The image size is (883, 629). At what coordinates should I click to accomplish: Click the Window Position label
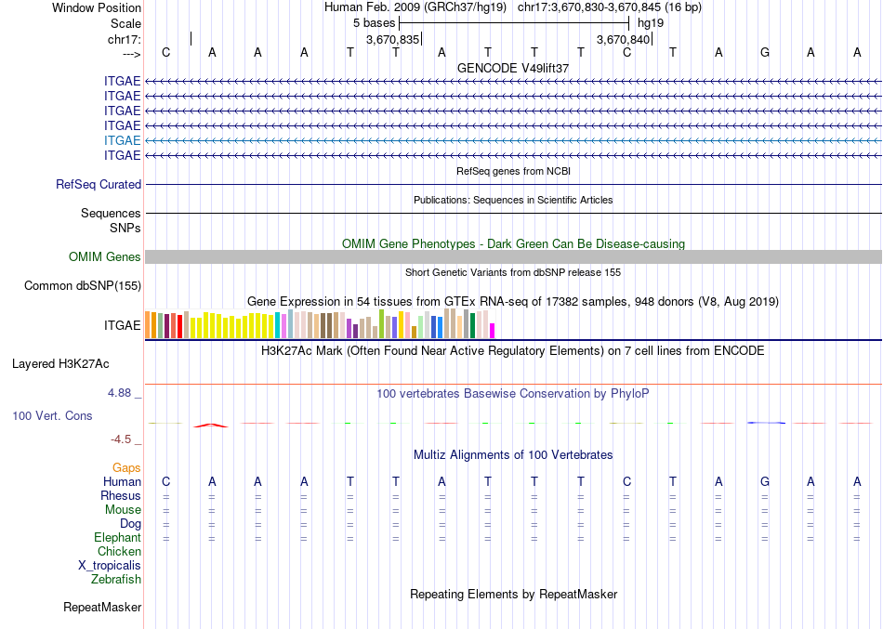(x=97, y=7)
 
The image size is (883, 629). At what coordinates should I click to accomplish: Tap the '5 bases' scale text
(x=374, y=22)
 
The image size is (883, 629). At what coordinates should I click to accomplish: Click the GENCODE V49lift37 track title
(x=513, y=68)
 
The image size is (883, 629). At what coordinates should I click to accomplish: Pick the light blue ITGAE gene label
(x=123, y=140)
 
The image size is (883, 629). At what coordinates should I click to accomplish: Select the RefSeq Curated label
(x=99, y=185)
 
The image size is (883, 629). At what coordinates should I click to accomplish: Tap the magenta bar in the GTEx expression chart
(x=493, y=330)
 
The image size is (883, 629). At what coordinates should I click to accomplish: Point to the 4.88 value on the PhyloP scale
(x=124, y=393)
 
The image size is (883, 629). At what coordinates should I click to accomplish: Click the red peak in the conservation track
(x=211, y=425)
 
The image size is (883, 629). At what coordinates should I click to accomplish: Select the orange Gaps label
(x=126, y=467)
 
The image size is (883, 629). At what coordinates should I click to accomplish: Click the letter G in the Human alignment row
(x=764, y=481)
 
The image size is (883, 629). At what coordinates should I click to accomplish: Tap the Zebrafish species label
(x=116, y=580)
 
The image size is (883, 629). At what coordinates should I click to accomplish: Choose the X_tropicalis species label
(x=110, y=566)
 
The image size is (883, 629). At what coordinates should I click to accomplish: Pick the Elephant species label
(x=117, y=538)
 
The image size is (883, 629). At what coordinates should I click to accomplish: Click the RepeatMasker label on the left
(x=102, y=608)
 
